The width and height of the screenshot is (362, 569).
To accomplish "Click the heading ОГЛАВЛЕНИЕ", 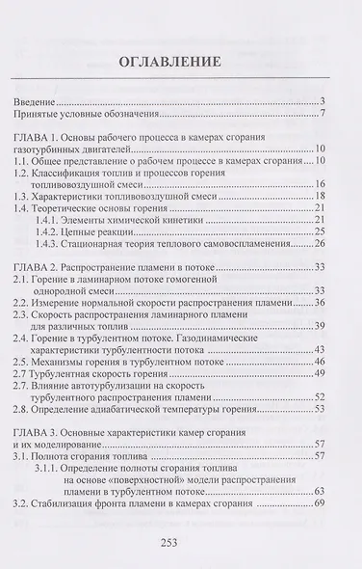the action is click(181, 64).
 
